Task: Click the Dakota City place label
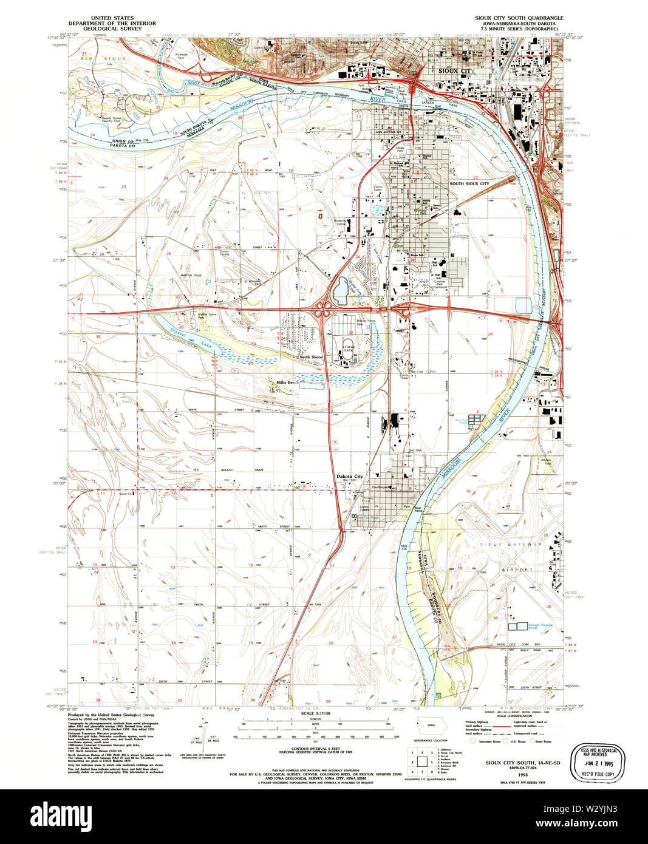point(349,476)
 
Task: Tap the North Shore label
point(311,357)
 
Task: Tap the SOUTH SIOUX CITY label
point(469,183)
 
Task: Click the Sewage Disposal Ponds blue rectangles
point(517,625)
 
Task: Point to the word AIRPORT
point(517,570)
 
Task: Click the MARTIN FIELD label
point(190,276)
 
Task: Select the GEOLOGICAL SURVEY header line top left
point(112,28)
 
